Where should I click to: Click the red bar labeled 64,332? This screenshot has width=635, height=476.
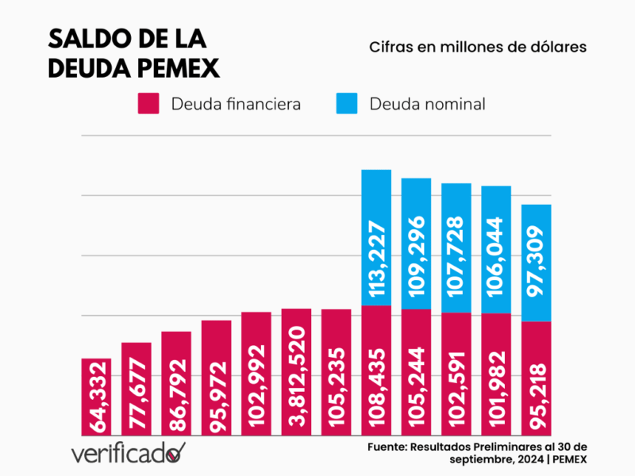96,397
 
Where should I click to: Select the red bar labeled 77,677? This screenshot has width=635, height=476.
137,389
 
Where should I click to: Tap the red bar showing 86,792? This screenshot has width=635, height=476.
176,383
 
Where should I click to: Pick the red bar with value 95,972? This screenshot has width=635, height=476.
216,378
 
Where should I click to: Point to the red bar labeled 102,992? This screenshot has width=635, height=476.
256,374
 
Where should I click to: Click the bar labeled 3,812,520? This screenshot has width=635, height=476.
296,372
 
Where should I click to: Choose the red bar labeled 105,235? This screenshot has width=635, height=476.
337,372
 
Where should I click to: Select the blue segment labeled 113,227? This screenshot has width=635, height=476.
376,237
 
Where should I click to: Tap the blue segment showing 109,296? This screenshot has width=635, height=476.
416,244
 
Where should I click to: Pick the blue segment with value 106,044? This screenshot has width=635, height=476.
496,249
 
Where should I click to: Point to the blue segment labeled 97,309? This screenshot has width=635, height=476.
537,263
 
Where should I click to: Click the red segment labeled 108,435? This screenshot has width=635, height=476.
376,370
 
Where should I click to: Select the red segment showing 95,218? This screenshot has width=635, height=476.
537,378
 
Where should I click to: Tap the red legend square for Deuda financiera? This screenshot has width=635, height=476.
149,103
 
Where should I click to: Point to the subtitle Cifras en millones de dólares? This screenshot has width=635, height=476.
477,47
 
